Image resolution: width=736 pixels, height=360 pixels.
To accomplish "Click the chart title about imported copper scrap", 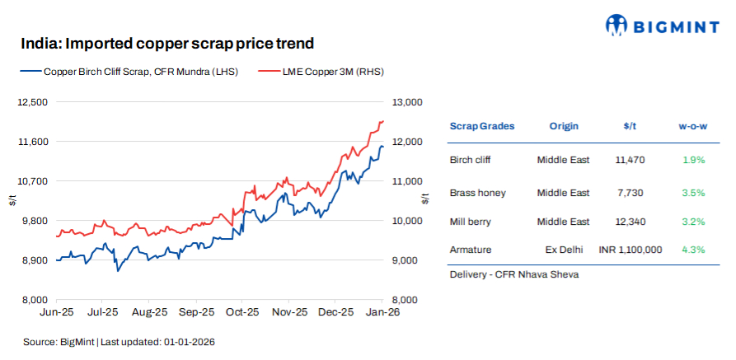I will (x=167, y=43).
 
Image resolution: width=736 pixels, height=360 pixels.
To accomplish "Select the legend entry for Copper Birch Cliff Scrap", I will (x=131, y=72).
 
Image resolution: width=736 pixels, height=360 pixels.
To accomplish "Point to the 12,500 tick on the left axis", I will (x=32, y=102).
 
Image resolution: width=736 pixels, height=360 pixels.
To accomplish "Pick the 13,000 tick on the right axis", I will (x=407, y=102).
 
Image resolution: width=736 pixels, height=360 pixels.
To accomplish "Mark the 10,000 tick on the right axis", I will (x=407, y=221).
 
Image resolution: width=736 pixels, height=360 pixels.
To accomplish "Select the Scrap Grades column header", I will (x=481, y=126).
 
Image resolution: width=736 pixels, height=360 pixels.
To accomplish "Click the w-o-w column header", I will (x=693, y=126).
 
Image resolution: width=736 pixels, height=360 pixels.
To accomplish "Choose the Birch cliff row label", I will (x=472, y=160).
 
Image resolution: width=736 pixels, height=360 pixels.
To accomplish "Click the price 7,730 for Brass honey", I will (x=630, y=193).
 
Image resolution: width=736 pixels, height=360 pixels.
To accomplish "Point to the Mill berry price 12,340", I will (x=630, y=222).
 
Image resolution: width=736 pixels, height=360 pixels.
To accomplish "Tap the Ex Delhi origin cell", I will (x=563, y=249).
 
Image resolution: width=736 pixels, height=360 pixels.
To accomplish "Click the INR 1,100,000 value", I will (x=630, y=249).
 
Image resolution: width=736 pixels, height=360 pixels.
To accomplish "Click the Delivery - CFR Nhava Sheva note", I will (x=513, y=274).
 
